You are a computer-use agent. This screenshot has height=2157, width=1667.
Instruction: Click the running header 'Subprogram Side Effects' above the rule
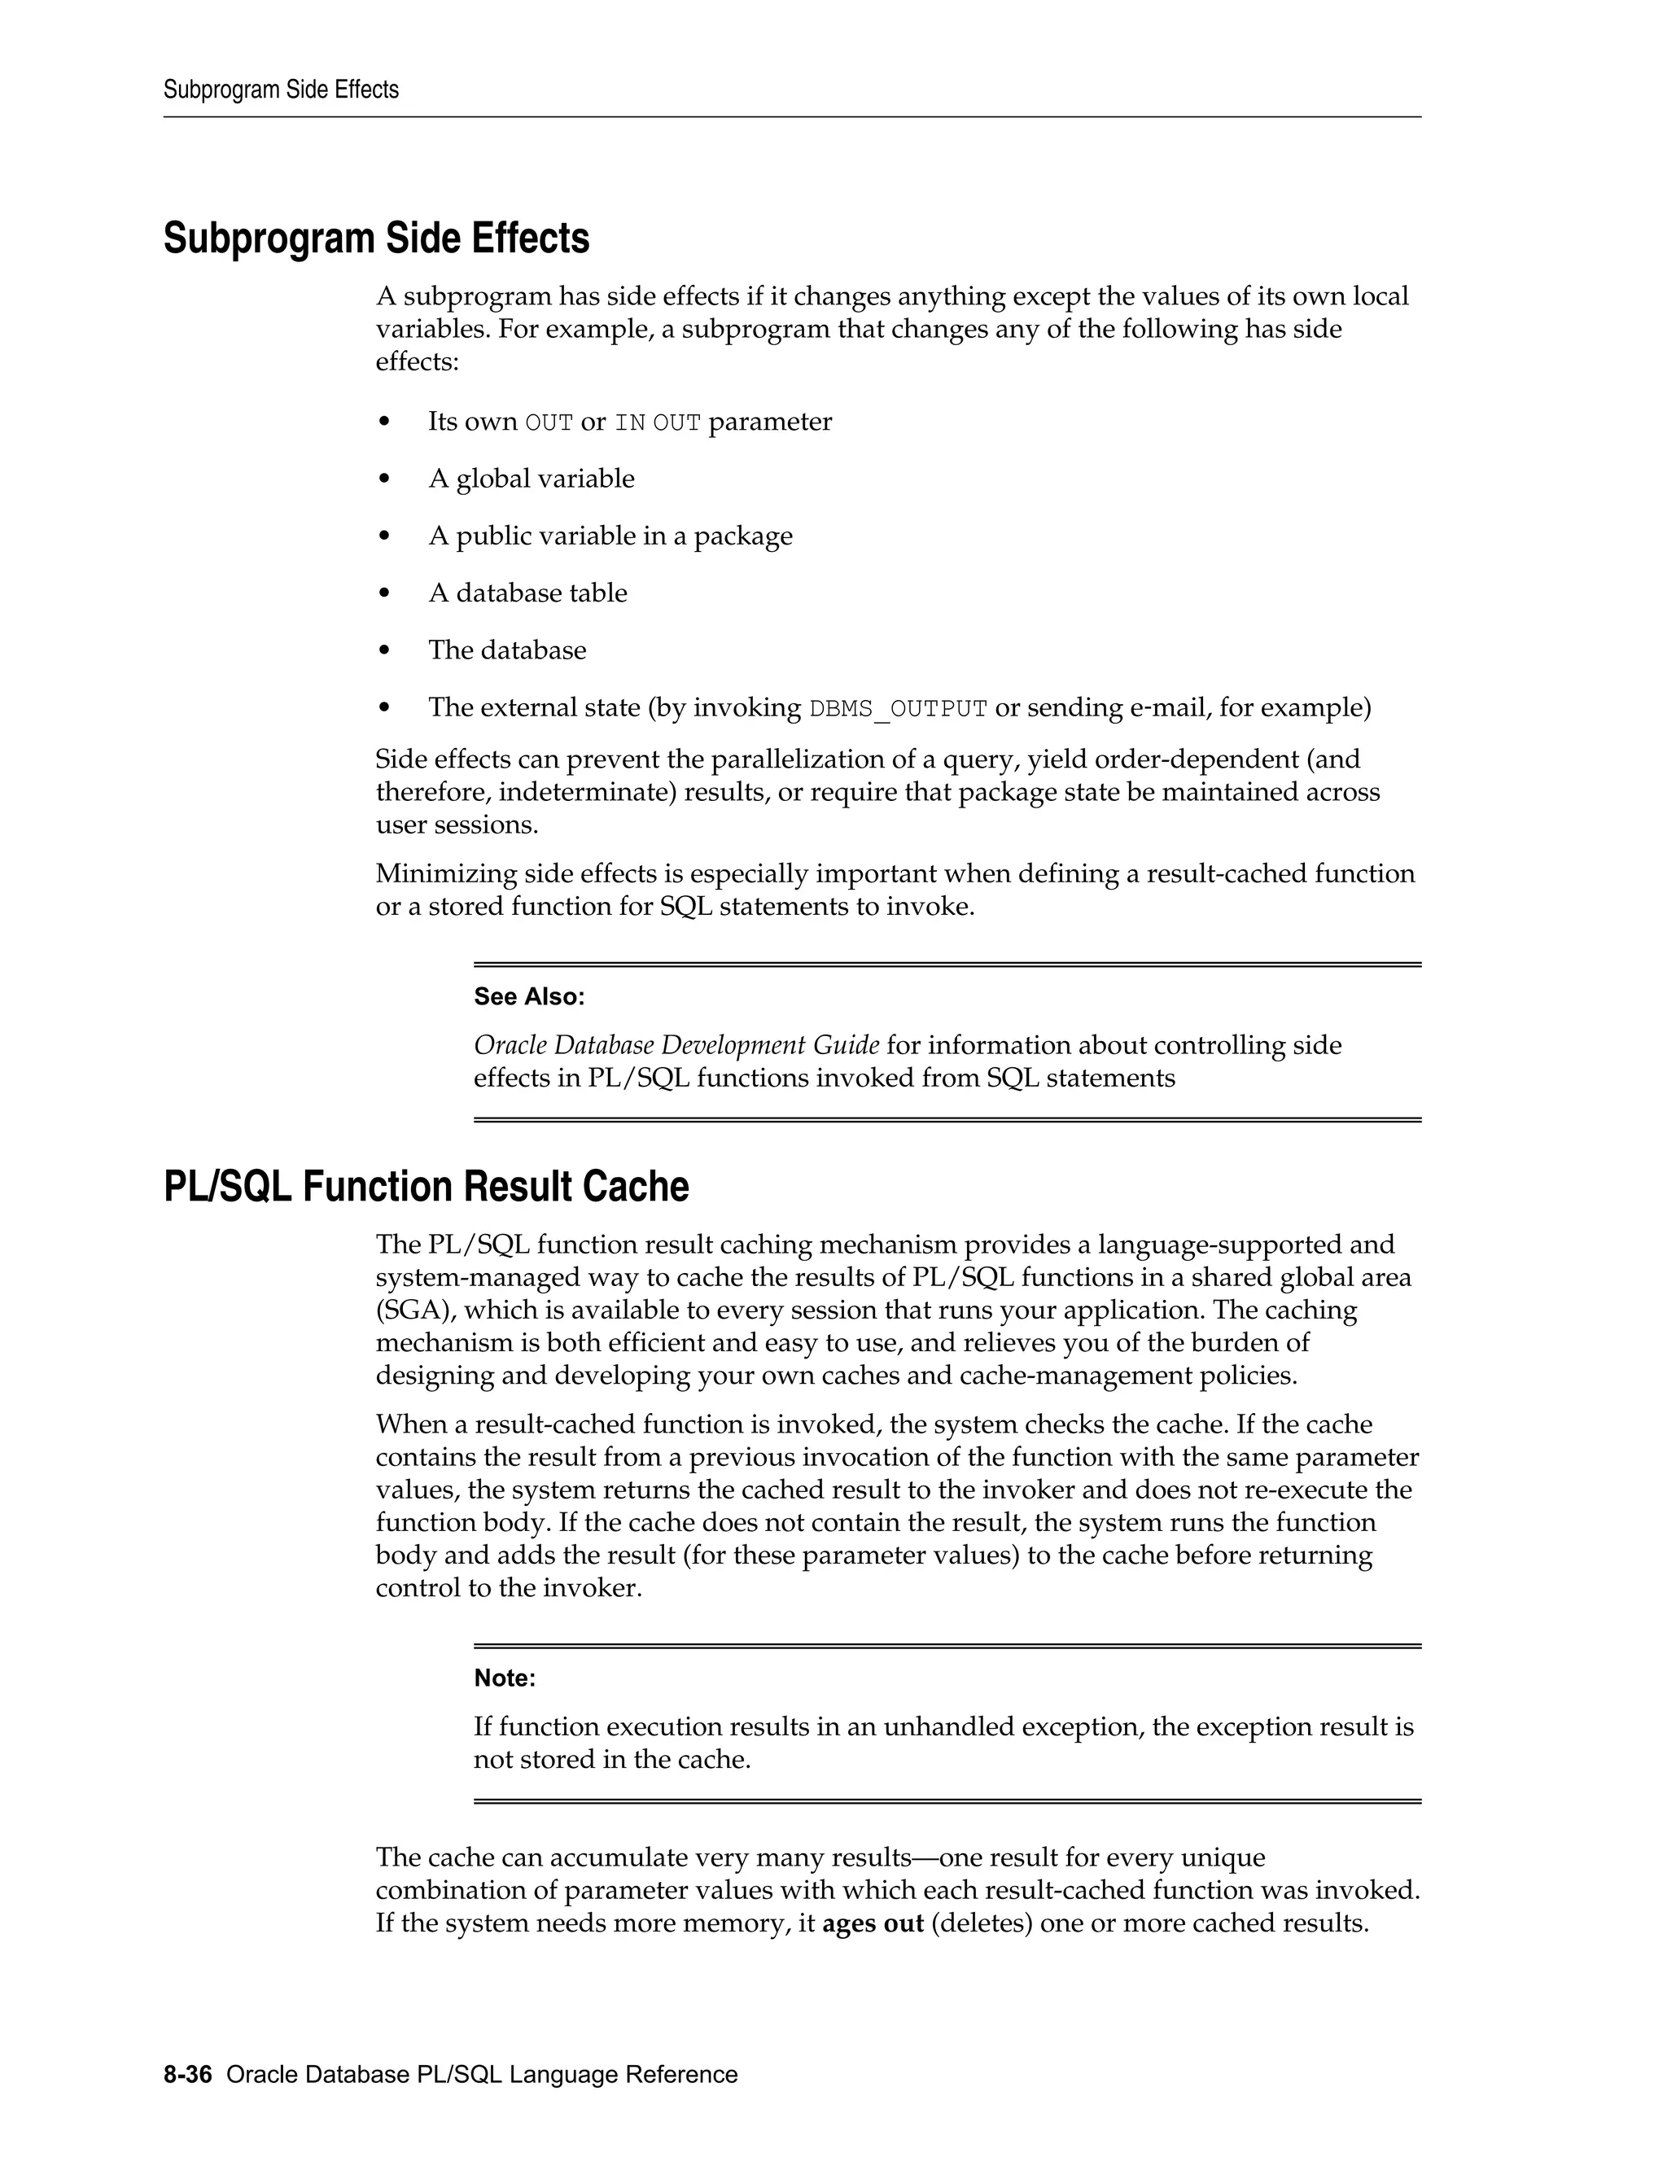pos(281,90)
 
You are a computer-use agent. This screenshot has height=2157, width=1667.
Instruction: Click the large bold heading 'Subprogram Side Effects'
pos(376,239)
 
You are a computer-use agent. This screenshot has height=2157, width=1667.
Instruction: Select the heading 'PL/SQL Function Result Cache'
pos(426,1186)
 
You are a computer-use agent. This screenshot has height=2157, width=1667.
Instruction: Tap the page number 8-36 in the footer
pos(188,2074)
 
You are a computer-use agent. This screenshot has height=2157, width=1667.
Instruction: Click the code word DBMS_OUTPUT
pos(898,709)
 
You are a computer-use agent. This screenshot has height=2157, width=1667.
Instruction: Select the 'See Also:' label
pos(529,996)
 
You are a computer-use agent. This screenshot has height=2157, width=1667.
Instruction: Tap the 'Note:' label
pos(505,1678)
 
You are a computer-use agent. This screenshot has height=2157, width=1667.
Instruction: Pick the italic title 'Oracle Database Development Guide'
pos(676,1045)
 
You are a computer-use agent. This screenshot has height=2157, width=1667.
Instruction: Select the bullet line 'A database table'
pos(527,593)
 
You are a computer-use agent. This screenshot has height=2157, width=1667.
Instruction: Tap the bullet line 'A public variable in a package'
pos(610,536)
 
